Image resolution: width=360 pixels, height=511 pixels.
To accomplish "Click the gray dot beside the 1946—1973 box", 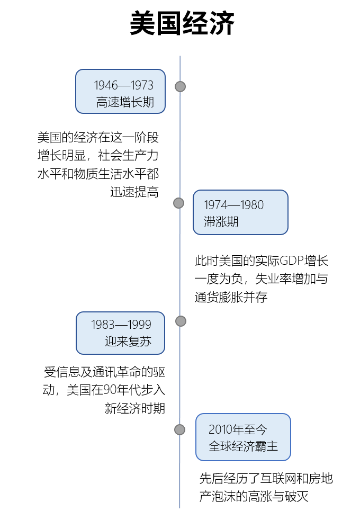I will pos(181,86).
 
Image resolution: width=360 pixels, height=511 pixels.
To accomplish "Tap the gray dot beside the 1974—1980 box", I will pos(179,203).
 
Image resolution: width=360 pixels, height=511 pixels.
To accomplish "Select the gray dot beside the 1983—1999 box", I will pos(181,321).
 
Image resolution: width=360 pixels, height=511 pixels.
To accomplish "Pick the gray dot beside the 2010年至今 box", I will pos(180,429).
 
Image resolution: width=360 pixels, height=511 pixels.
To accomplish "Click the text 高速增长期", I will pos(125,102).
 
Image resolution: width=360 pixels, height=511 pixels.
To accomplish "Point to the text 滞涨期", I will pos(221,222).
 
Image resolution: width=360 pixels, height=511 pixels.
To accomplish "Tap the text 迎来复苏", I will pos(128,342).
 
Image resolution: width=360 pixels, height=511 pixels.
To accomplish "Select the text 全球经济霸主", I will pos(243,446).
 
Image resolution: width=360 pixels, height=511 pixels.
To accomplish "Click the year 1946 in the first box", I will pos(106,86).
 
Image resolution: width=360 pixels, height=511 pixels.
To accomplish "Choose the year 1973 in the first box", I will pos(142,86).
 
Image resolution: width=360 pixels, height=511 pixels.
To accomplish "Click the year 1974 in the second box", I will pos(215,205).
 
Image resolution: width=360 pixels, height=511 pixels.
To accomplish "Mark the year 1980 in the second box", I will pos(251,205).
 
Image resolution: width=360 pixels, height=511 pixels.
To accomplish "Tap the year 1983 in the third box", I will pos(103,325).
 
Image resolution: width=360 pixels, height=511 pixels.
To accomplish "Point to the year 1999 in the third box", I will pos(139,325).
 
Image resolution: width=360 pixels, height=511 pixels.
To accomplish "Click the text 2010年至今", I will pos(237,429).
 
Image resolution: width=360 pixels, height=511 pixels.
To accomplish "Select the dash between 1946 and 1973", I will pos(124,86).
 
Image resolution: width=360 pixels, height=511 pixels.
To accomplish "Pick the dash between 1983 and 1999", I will pos(121,325).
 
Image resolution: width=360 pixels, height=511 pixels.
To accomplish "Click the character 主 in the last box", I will pos(272,446).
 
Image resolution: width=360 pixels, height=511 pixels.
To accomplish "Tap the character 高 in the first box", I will pos(102,102).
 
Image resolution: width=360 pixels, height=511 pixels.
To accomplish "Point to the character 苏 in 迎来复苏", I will pos(146,342).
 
